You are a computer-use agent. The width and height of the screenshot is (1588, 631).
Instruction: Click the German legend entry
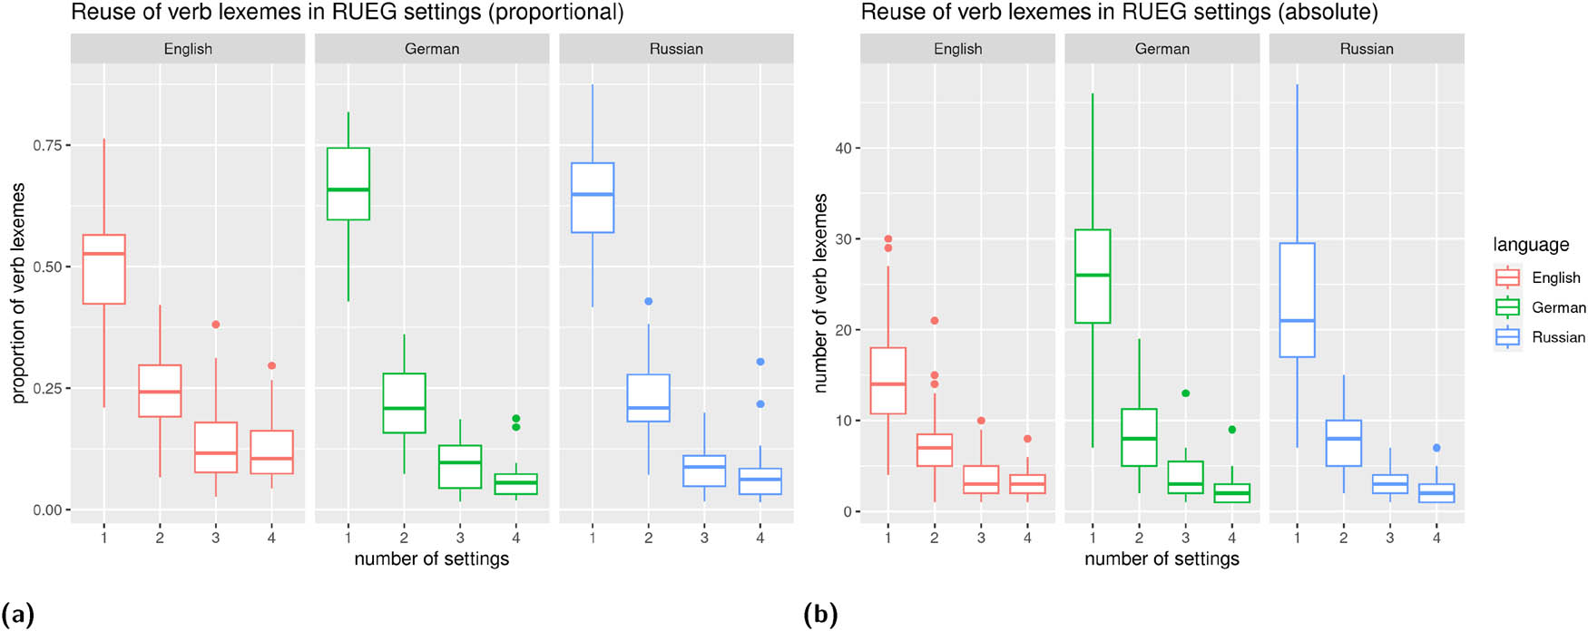[x=1557, y=307]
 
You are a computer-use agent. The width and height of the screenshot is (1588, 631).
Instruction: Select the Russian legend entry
[x=1557, y=337]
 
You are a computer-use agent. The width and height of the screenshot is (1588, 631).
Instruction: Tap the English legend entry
[x=1555, y=277]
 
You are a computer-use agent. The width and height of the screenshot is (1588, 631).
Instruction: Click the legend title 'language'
[x=1530, y=245]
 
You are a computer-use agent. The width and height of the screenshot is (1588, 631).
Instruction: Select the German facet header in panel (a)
[x=432, y=49]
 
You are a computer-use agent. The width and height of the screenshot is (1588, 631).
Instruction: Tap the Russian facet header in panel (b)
[x=1366, y=49]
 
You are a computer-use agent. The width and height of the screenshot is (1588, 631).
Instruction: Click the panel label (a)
[x=17, y=616]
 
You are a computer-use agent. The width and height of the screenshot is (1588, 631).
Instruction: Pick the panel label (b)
[x=820, y=616]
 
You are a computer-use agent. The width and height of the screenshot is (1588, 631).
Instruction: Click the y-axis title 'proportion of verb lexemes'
[x=18, y=293]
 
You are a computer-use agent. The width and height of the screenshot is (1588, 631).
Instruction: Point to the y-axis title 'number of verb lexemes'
[x=820, y=293]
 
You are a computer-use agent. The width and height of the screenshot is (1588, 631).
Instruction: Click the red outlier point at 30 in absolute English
[x=887, y=239]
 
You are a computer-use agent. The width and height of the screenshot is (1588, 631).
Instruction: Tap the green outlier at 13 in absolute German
[x=1185, y=393]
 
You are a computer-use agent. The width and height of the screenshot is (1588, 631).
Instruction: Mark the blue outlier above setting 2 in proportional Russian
[x=648, y=301]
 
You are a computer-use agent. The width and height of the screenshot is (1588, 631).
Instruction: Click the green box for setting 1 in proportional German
[x=348, y=184]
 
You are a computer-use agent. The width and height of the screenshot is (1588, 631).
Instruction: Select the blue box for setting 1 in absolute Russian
[x=1297, y=300]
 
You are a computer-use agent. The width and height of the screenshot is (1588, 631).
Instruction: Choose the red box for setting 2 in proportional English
[x=160, y=391]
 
